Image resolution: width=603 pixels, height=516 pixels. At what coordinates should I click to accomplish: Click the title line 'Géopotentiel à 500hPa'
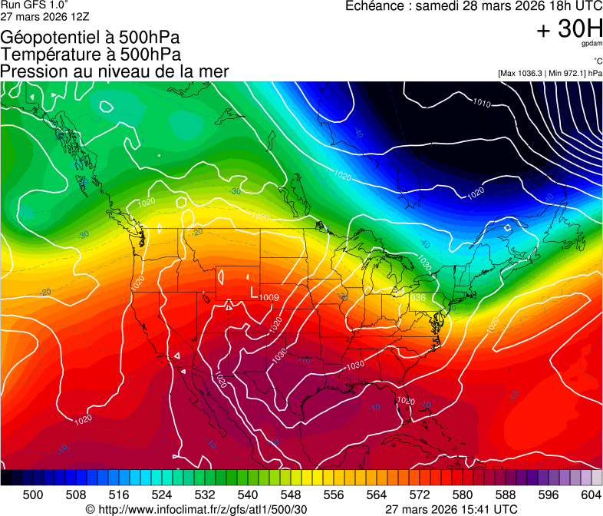91,38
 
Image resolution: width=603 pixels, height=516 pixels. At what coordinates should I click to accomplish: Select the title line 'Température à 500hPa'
91,55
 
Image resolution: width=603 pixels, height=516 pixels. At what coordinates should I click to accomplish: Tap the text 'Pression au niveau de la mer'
115,71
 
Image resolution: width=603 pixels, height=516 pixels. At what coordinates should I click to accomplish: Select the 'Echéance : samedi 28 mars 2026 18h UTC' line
473,6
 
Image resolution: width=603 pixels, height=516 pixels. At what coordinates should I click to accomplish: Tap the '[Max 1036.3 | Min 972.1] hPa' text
550,73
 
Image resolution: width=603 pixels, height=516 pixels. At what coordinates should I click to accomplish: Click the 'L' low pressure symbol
254,292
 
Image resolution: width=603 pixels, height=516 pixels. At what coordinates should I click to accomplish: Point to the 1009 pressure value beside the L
269,297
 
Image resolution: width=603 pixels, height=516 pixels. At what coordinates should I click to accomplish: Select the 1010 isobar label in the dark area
482,103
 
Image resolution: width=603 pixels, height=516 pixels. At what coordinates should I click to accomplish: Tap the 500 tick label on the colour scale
33,495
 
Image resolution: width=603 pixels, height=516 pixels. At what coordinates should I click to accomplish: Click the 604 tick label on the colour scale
591,495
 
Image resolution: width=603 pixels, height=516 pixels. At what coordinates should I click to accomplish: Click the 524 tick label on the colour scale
162,495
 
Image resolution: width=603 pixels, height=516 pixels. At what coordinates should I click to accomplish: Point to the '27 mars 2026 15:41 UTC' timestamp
450,509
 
